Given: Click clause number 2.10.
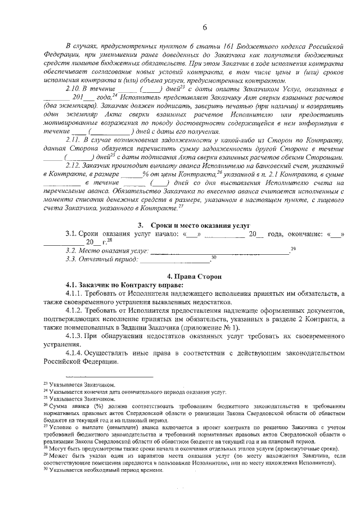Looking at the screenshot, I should pyautogui.click(x=73, y=89).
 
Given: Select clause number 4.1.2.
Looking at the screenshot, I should pyautogui.click(x=75, y=310).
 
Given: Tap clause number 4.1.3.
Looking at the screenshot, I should pyautogui.click(x=75, y=336).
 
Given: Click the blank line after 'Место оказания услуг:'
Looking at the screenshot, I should pyautogui.click(x=219, y=251).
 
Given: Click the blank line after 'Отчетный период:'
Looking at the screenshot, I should pyautogui.click(x=174, y=260).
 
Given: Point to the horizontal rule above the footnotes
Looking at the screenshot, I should pyautogui.click(x=109, y=376).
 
